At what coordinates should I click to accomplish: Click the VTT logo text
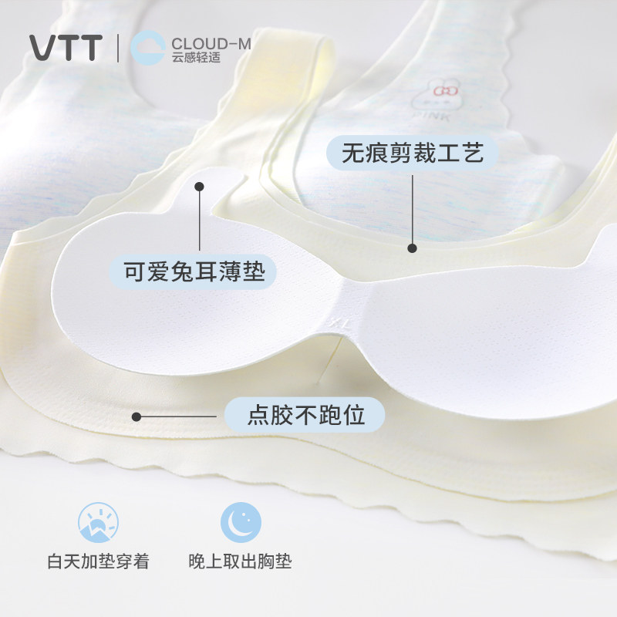(66, 48)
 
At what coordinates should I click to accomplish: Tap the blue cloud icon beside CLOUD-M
(147, 48)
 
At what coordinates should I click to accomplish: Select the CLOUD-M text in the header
(211, 43)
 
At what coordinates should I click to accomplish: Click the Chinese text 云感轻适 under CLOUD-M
(196, 57)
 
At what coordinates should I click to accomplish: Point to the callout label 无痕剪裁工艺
(413, 153)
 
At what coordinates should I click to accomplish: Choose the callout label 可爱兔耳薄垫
(194, 271)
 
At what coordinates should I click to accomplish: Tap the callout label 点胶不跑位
(305, 415)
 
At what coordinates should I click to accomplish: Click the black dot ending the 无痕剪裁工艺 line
(412, 248)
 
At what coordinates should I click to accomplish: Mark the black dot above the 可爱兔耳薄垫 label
(200, 187)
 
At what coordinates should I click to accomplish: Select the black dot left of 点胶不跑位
(137, 416)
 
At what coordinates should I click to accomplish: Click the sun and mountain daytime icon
(98, 522)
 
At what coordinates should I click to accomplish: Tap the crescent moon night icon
(241, 522)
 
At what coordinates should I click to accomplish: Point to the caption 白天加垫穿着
(99, 561)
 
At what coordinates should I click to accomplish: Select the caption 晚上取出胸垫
(240, 561)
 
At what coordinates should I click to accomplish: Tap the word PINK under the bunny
(432, 116)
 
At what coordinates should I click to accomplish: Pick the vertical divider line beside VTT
(118, 48)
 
